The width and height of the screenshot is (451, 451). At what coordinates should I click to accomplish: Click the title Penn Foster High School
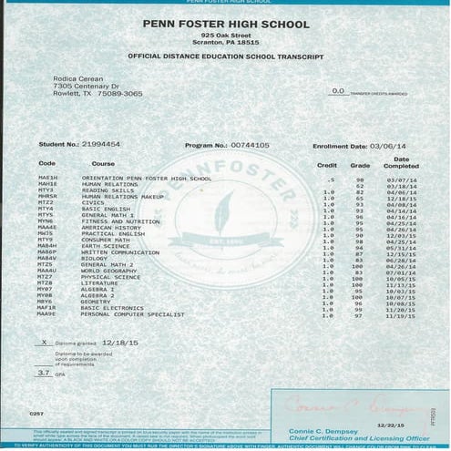[x=224, y=23]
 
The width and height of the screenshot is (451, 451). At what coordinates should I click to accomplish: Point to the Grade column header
[x=360, y=166]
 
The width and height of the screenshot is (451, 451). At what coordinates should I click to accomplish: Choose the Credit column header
[x=326, y=166]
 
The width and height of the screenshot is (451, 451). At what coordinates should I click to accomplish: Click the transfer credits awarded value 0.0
[x=338, y=91]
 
